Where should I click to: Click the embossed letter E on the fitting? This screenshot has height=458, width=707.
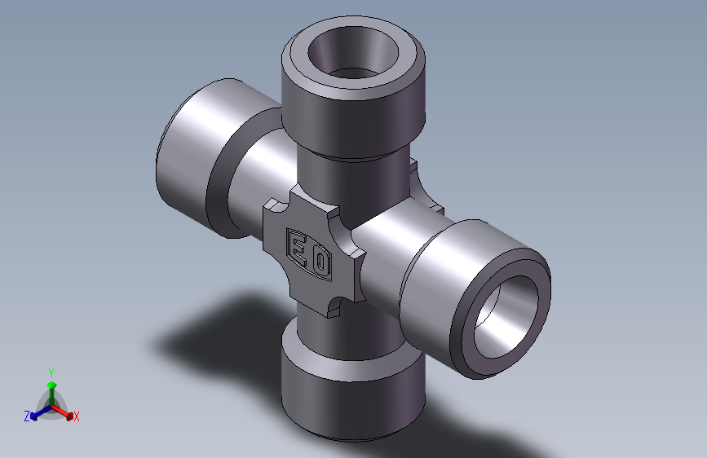pos(299,248)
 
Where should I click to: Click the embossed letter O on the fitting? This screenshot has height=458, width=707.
pos(320,262)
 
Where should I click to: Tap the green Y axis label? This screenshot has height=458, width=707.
pos(51,373)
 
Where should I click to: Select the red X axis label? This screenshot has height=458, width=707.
pos(77,417)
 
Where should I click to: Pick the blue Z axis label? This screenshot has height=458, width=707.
pos(27,416)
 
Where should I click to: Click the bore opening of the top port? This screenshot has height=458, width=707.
pos(354,53)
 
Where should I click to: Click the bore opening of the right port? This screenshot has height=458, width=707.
pos(506,316)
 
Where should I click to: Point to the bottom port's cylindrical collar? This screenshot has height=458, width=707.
pos(353,397)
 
